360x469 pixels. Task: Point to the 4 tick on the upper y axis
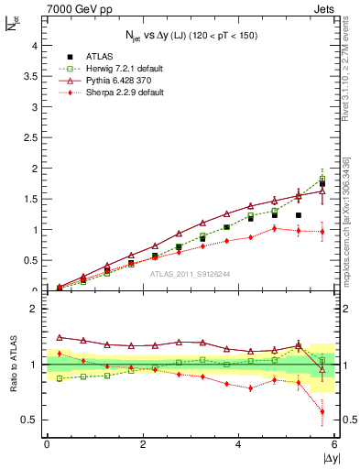[x=36, y=46]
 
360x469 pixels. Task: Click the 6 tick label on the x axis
[x=334, y=444]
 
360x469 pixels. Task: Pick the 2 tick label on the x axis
[x=142, y=444]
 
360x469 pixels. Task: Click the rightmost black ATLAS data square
[x=322, y=184]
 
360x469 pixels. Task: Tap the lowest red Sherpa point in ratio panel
[x=322, y=411]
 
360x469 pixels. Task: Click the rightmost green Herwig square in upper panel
[x=322, y=179]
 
